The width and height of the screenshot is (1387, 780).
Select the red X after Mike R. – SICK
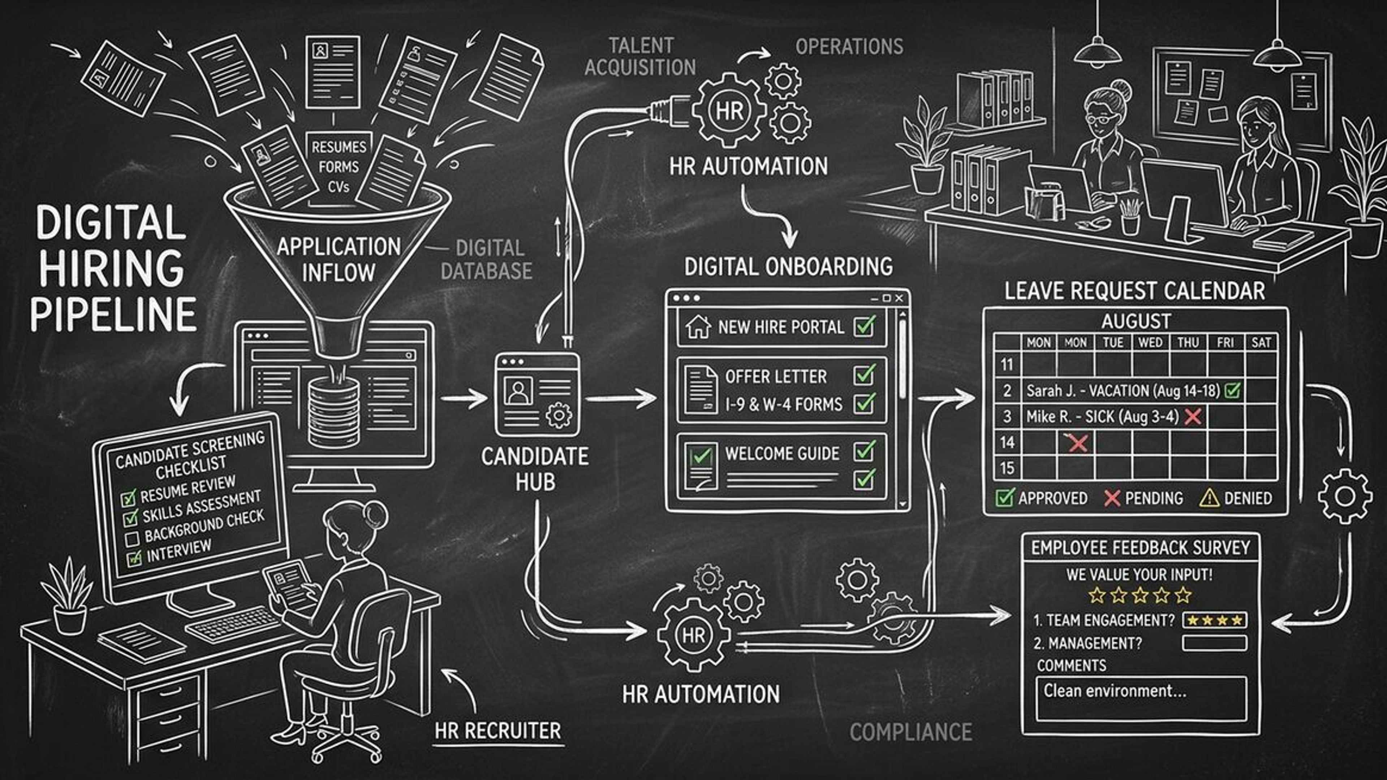[x=1193, y=416]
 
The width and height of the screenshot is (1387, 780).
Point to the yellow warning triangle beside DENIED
[x=1209, y=498]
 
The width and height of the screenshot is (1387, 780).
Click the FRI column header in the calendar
[x=1225, y=342]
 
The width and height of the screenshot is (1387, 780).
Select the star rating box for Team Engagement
[x=1215, y=620]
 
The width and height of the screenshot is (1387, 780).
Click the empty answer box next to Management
[x=1215, y=643]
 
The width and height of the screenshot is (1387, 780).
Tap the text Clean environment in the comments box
[x=1115, y=691]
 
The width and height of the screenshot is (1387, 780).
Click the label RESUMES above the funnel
[x=339, y=146]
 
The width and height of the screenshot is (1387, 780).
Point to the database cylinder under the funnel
[x=333, y=409]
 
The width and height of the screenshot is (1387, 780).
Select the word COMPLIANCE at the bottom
[x=910, y=732]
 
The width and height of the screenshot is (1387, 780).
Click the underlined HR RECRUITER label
[x=497, y=731]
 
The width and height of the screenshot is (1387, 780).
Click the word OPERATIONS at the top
[x=849, y=47]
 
